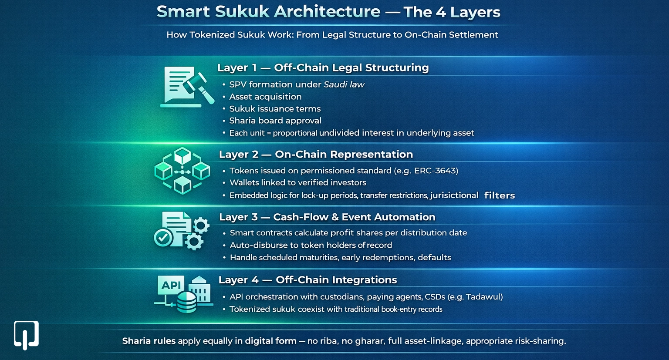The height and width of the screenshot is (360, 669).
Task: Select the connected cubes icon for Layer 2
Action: [182, 171]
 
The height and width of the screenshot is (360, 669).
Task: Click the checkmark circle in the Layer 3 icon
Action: [163, 238]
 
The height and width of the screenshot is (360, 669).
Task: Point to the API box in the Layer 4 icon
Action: [171, 285]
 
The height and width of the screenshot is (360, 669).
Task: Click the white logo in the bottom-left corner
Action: [26, 335]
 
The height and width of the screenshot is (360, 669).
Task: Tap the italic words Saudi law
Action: [344, 84]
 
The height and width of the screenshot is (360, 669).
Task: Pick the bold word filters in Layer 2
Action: [499, 195]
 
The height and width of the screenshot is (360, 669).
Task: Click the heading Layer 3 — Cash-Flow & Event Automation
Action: [327, 217]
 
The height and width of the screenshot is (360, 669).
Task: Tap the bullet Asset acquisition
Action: [265, 97]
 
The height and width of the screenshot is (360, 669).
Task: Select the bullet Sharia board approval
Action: [275, 121]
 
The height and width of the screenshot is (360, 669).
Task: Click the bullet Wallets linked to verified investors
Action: [297, 182]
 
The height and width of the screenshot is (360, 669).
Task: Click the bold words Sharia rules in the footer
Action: [149, 341]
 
